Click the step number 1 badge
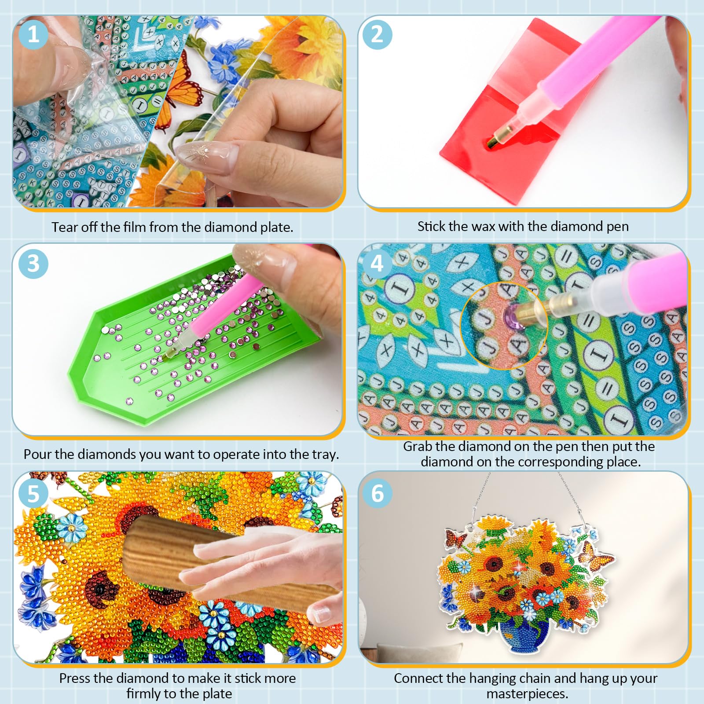(33, 34)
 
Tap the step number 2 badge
(377, 34)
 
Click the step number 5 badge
(33, 493)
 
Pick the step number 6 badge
(377, 493)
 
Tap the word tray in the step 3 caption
(325, 455)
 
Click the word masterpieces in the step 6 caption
(527, 694)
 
